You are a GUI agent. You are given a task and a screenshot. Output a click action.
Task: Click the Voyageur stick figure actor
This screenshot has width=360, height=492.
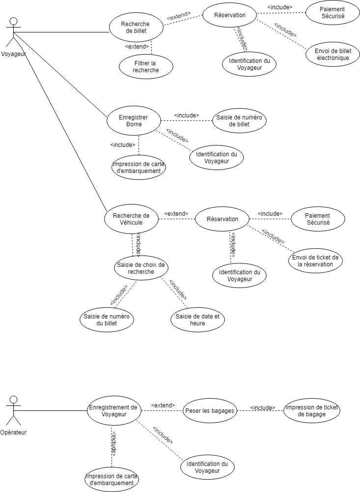(13, 33)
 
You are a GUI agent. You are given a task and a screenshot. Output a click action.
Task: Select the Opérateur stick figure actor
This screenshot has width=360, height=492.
(13, 411)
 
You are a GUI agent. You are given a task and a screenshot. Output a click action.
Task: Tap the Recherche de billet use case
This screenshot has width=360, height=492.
(136, 28)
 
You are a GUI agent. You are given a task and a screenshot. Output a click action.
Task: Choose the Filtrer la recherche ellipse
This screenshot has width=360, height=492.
(146, 67)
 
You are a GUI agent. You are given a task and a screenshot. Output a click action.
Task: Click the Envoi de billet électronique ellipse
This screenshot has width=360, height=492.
(332, 54)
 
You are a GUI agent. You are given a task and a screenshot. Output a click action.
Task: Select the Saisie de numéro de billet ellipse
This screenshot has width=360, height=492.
(239, 121)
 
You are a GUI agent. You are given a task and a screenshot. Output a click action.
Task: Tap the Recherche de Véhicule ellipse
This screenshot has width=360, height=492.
(132, 219)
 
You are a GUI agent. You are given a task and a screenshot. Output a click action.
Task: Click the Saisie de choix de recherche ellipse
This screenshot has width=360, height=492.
(141, 268)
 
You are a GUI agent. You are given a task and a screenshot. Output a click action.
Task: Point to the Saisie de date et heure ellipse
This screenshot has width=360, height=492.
(197, 320)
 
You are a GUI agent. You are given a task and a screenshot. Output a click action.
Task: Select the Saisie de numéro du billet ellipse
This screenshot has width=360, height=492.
(107, 320)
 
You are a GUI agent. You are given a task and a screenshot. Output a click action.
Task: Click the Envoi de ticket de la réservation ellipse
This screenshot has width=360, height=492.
(315, 261)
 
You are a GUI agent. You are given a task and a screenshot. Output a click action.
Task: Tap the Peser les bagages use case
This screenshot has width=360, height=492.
(210, 411)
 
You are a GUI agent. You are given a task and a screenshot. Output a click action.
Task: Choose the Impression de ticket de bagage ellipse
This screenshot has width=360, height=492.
(312, 411)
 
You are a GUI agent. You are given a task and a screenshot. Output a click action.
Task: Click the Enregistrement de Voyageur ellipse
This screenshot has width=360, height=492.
(113, 411)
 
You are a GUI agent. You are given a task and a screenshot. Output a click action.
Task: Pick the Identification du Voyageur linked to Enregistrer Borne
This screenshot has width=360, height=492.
(217, 157)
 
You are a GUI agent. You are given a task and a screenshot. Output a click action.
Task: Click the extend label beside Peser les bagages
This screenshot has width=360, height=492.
(163, 405)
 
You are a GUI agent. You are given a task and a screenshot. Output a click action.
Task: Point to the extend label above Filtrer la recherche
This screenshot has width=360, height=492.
(137, 47)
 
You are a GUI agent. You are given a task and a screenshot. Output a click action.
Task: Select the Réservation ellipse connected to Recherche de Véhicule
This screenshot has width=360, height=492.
(222, 219)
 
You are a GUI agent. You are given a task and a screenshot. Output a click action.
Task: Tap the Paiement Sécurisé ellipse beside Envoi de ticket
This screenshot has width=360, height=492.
(318, 219)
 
